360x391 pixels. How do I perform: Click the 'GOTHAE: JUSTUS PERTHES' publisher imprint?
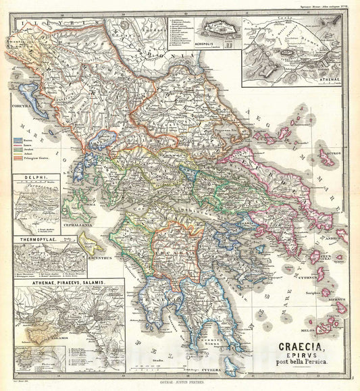click(x=180, y=384)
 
